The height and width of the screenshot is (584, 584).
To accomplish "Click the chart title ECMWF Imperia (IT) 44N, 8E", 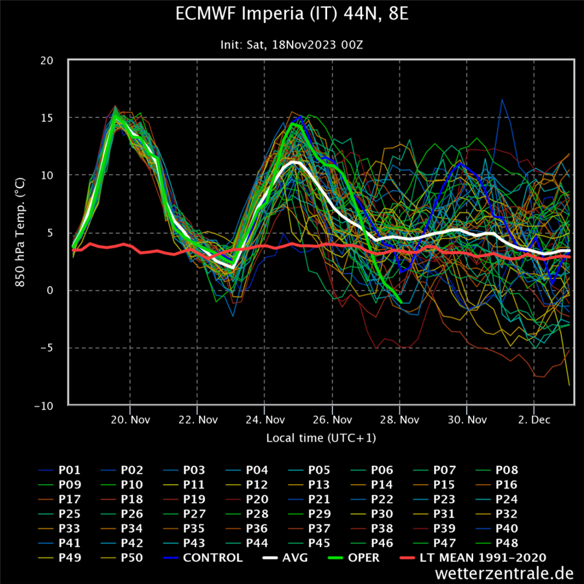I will [292, 14].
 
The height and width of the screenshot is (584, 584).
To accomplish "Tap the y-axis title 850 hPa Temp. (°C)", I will [20, 232].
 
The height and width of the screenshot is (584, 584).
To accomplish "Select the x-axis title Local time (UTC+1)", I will [321, 438].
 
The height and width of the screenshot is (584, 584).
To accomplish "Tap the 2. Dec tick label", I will [534, 420].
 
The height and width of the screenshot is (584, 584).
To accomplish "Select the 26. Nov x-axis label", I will [332, 420].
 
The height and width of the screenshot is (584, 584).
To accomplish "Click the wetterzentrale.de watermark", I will [504, 574].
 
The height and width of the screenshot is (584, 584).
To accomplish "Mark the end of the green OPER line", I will [401, 302].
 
